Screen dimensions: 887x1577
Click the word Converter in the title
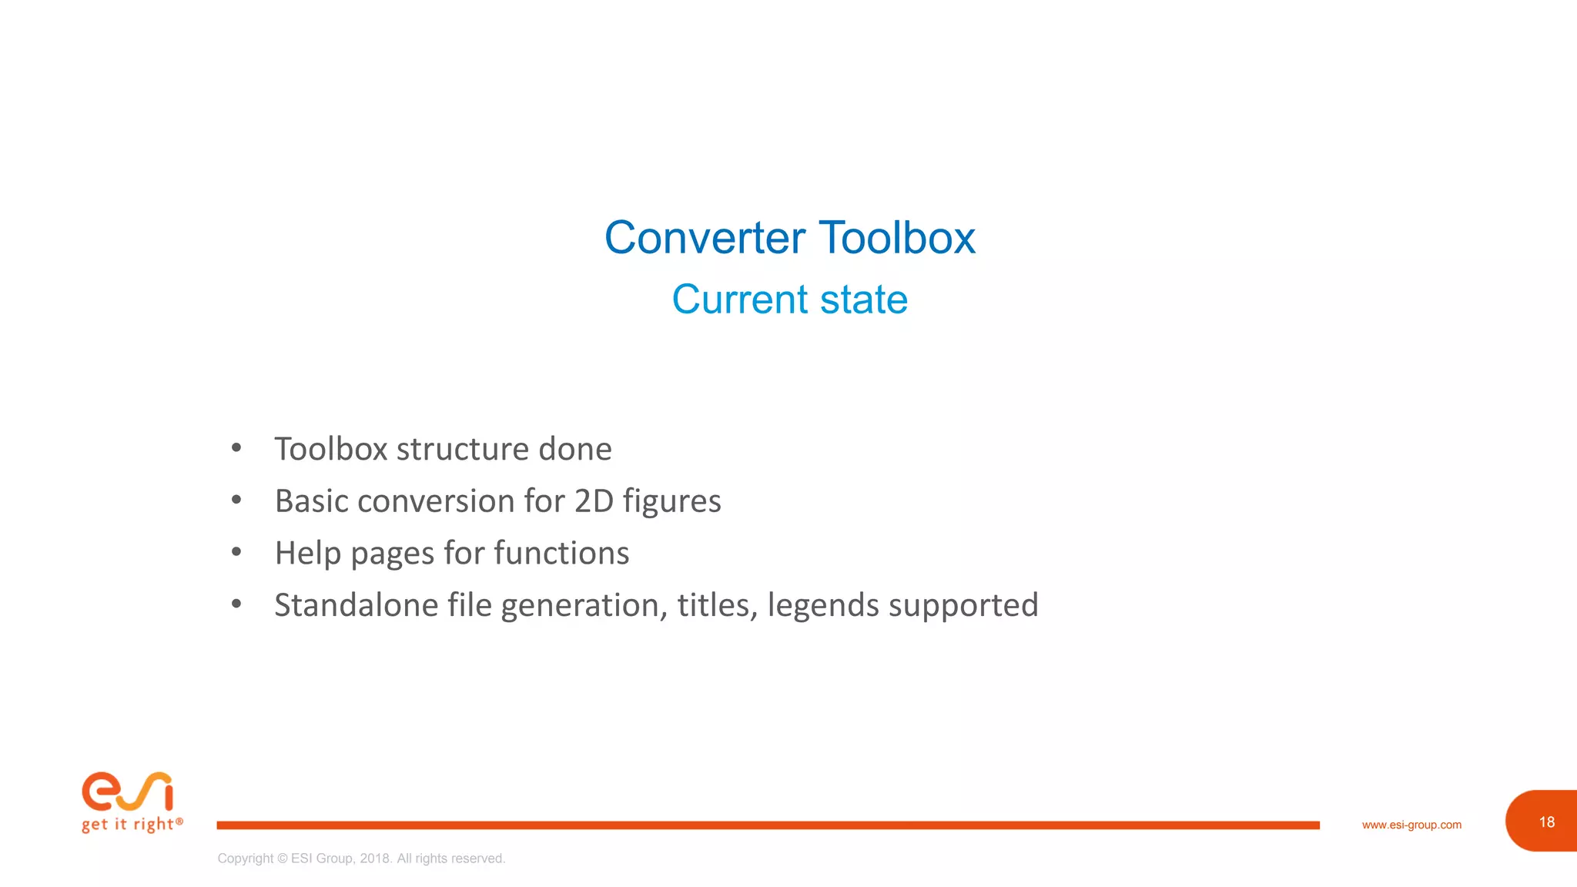705,237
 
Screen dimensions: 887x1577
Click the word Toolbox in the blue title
897,237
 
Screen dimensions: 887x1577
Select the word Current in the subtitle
740,300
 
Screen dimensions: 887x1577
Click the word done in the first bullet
574,450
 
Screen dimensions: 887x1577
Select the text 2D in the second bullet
594,501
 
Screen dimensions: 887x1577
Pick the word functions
561,554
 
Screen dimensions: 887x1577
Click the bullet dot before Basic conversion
236,500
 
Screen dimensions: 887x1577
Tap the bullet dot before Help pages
236,552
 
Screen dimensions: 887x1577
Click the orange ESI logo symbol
128,792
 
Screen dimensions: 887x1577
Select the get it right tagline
132,825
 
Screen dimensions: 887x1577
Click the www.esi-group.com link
1411,825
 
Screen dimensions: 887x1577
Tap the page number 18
1546,822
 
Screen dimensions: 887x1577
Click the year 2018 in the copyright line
375,859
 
